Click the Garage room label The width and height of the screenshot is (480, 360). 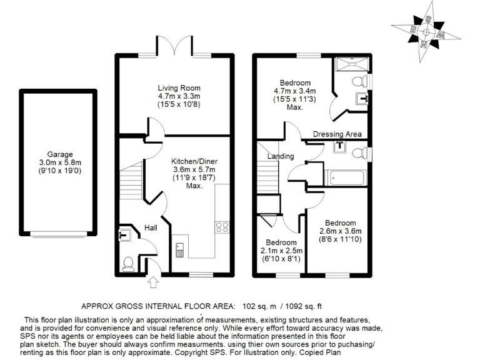pos(60,154)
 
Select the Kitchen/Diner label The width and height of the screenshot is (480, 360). pos(194,161)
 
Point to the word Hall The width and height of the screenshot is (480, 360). pos(151,227)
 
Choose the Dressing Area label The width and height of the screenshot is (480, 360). pos(337,134)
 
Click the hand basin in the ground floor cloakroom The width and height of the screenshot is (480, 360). pos(124,235)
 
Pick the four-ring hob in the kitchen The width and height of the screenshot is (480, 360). pos(222,227)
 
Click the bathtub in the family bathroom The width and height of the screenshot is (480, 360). pos(346,178)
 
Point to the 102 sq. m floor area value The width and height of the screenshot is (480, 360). pos(257,306)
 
